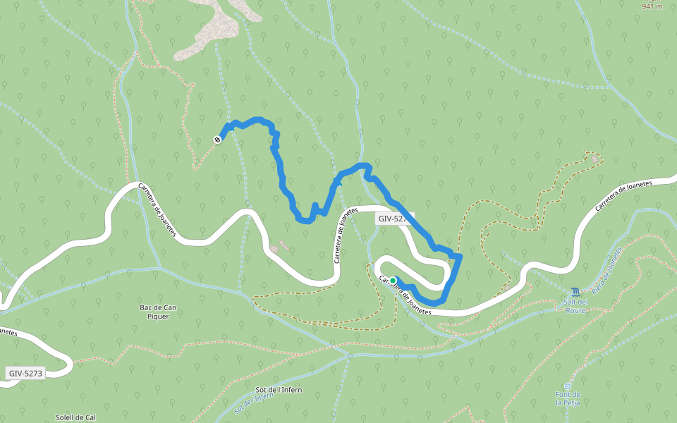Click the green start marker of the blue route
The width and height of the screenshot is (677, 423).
393,281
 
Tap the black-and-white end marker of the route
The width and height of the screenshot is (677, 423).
217,139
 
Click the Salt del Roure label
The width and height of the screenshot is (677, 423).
575,306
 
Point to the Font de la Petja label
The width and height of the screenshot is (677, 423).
568,399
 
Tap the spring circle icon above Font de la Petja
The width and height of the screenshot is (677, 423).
568,386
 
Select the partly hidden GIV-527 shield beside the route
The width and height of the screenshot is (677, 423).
393,219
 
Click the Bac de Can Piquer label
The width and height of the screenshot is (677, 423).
158,312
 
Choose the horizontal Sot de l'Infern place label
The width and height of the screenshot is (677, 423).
279,390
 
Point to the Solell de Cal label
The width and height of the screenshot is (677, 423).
75,417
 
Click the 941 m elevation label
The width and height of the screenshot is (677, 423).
652,6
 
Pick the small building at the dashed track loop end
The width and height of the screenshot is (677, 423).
594,159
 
